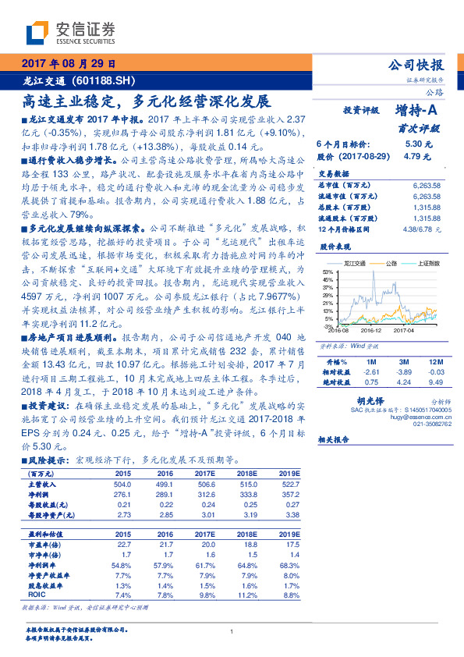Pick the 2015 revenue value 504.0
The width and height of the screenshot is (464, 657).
(122, 484)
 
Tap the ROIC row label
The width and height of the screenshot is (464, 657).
(37, 595)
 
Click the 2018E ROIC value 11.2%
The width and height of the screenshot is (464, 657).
(249, 595)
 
